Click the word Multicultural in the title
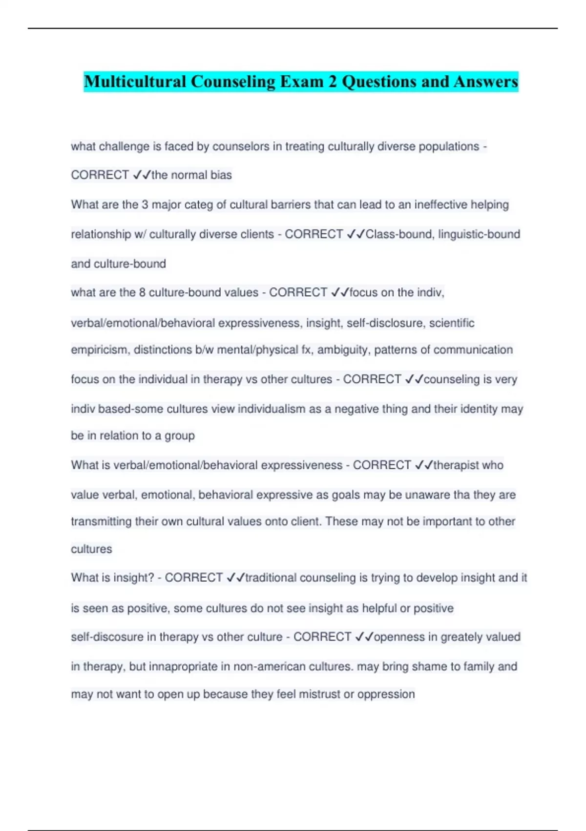point(134,82)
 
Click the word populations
point(449,147)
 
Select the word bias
point(221,175)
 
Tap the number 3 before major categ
point(145,205)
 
